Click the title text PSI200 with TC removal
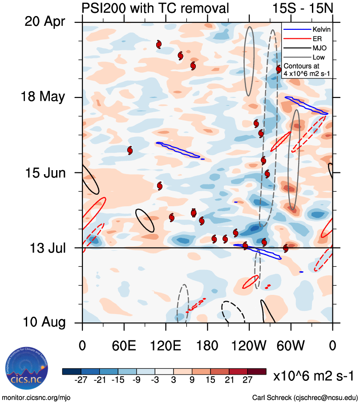click(155, 8)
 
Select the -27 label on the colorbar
click(81, 380)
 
